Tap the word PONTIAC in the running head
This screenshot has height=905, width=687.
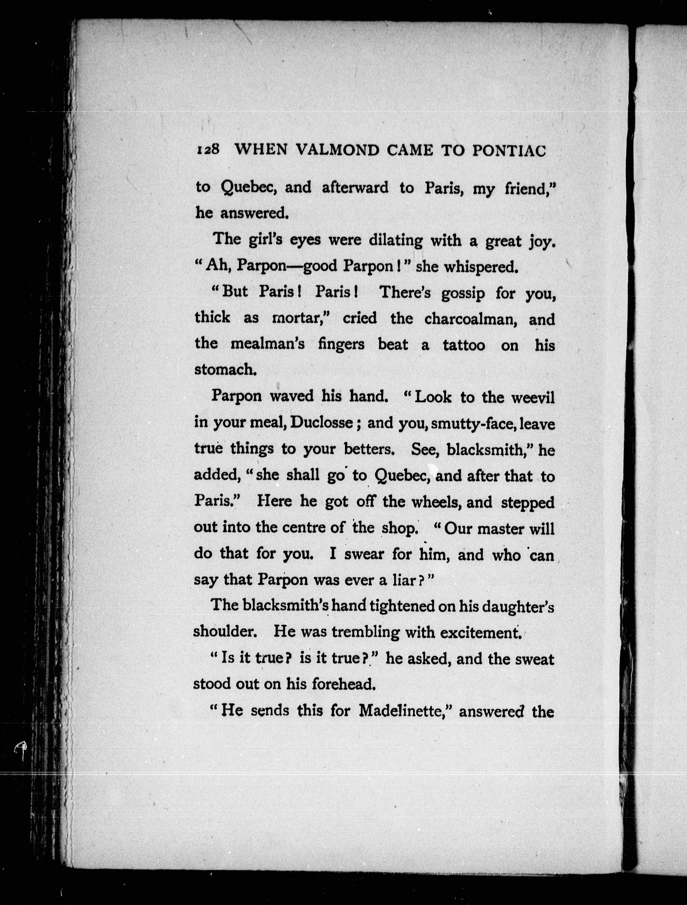pos(509,151)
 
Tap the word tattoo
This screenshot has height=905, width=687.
pos(464,345)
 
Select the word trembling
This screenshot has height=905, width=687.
pos(365,632)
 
